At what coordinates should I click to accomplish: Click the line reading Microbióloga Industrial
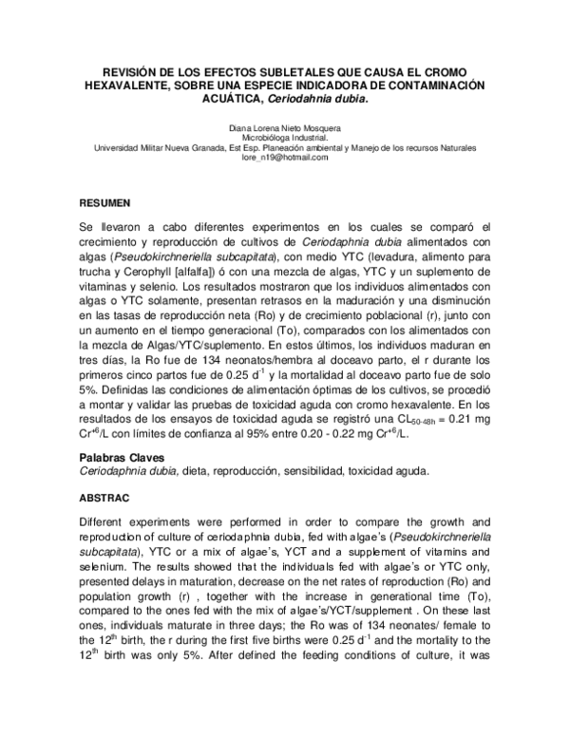(285, 138)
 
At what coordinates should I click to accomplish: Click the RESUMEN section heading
(105, 203)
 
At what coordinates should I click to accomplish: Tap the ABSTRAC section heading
(105, 497)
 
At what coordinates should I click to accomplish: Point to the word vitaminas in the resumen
(105, 285)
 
